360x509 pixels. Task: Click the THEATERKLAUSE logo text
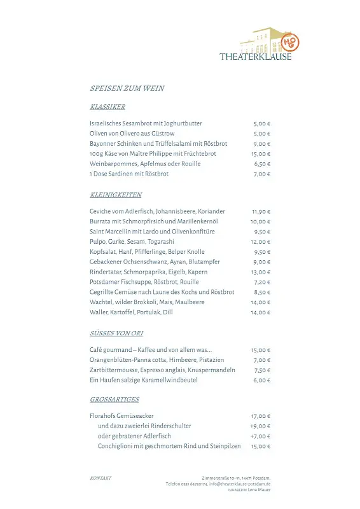coord(256,57)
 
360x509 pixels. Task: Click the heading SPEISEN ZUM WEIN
coord(127,88)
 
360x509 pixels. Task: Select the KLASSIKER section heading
coord(107,107)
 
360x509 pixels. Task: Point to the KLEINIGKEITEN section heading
coord(116,195)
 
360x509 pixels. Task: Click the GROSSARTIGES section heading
coord(114,400)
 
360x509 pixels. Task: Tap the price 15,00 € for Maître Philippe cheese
coord(261,154)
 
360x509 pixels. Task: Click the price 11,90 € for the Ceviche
coord(261,211)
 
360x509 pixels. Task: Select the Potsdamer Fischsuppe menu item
coord(144,282)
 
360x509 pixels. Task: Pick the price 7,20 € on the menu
coord(262,282)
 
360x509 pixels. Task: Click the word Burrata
coord(100,221)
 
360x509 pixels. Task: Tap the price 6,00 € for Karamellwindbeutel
coord(262,380)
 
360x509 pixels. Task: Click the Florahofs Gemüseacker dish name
coord(121,416)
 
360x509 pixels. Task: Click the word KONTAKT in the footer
coord(101,478)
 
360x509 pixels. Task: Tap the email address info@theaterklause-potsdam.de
coord(240,484)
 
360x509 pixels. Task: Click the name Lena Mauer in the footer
coord(259,490)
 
